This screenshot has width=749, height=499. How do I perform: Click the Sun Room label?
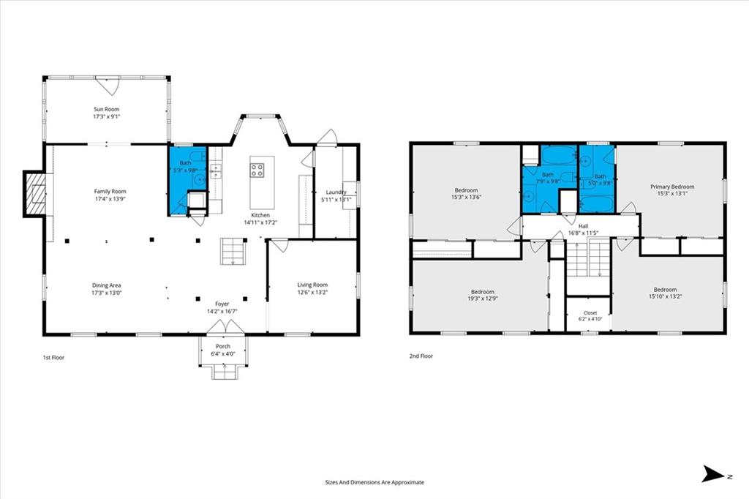point(106,109)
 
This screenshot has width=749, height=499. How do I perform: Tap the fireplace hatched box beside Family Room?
point(35,192)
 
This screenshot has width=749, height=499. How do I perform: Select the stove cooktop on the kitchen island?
point(257,170)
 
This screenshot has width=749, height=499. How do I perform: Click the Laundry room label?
point(336,192)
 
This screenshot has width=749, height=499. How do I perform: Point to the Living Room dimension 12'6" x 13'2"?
point(312,292)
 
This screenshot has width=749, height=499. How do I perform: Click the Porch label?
point(223,347)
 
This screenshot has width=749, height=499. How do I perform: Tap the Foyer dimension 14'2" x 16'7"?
point(222,311)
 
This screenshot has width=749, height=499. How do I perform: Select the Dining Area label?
point(107,285)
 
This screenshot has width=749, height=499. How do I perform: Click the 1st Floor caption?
point(53,357)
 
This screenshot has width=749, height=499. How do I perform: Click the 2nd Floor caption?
point(421,356)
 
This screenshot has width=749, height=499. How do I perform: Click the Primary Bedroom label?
point(672,187)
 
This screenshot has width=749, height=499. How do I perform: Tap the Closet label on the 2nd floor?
point(590,313)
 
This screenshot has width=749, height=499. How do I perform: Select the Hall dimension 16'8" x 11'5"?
point(583,233)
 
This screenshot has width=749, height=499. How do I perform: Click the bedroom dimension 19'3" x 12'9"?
point(483,299)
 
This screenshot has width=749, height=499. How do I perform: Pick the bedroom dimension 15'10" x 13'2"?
point(666,296)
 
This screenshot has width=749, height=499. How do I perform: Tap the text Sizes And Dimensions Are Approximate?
point(374,482)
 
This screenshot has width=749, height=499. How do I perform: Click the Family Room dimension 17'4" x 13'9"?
point(110,198)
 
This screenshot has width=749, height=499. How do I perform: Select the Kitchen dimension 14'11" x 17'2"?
point(260,222)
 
